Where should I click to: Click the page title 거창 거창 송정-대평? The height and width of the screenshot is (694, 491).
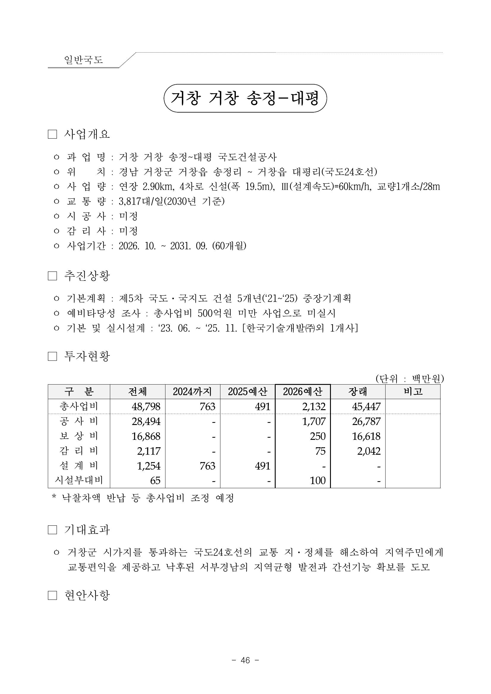[x=245, y=98]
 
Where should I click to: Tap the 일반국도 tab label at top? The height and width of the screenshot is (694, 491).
[x=83, y=60]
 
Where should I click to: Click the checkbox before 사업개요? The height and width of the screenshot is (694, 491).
[x=52, y=135]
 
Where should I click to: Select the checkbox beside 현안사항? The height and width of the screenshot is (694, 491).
[x=52, y=595]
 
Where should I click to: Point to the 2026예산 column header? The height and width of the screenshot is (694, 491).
[x=303, y=392]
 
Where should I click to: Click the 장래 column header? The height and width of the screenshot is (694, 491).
[x=358, y=392]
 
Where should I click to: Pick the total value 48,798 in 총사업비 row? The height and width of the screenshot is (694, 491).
[x=146, y=407]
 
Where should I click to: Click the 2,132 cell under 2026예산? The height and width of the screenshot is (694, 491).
[x=314, y=407]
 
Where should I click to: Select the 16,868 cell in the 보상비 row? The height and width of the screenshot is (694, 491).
[x=146, y=436]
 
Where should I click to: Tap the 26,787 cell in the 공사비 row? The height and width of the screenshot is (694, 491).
[x=366, y=421]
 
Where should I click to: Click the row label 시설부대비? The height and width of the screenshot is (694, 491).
[x=79, y=480]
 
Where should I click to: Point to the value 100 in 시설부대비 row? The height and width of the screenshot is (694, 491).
[x=318, y=480]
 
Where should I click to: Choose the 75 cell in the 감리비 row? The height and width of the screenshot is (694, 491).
[x=320, y=451]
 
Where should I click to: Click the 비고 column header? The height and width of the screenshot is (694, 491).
[x=413, y=392]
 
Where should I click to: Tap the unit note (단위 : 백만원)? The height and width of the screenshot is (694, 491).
[x=409, y=378]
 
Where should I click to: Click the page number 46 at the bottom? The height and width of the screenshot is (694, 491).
[x=245, y=660]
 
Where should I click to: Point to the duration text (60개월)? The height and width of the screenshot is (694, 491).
[x=229, y=246]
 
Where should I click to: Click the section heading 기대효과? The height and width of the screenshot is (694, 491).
[x=87, y=530]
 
